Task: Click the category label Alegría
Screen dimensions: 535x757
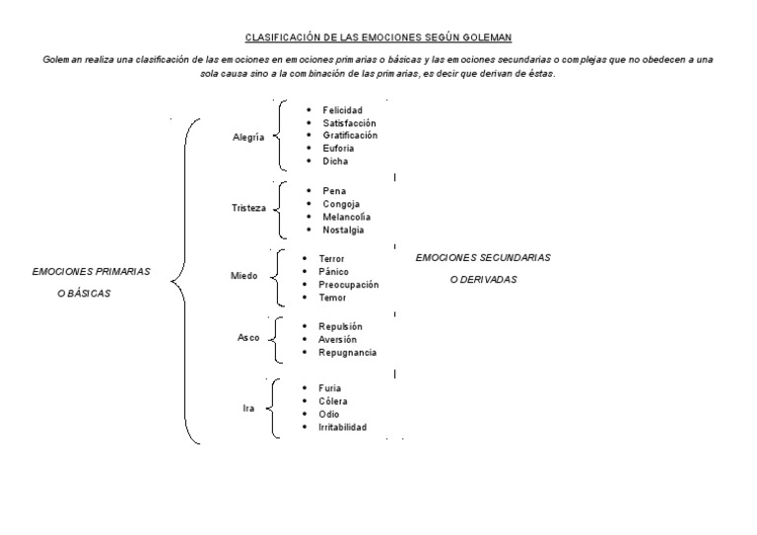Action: tap(247, 138)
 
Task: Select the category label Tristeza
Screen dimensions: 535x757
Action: tap(247, 208)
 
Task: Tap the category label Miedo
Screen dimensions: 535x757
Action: tap(243, 276)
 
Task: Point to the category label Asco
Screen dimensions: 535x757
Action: tap(248, 337)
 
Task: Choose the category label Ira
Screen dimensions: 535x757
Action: tap(248, 407)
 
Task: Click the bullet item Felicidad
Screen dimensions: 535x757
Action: tap(342, 109)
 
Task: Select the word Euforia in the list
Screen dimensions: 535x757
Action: tap(339, 148)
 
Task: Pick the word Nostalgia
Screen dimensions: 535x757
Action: tap(343, 230)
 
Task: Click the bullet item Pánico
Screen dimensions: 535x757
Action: tap(334, 271)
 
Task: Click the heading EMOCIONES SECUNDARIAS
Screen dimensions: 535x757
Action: tap(483, 257)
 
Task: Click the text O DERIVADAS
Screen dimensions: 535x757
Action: tap(483, 280)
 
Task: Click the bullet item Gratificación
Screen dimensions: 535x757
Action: tap(350, 135)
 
